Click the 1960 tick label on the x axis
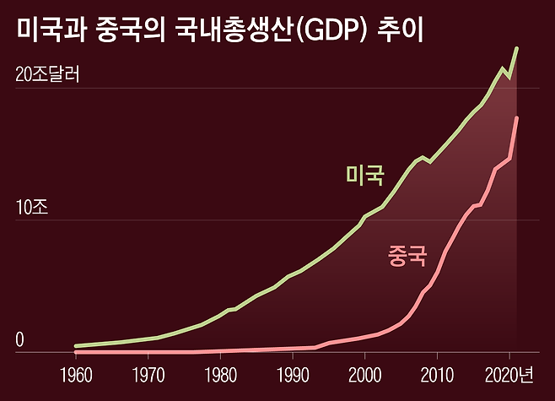pyautogui.click(x=75, y=375)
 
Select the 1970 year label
pyautogui.click(x=148, y=375)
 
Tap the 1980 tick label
pyautogui.click(x=220, y=375)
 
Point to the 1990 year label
pyautogui.click(x=293, y=375)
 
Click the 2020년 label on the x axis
pyautogui.click(x=512, y=375)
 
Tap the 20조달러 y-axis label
pyautogui.click(x=47, y=75)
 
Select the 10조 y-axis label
pyautogui.click(x=33, y=208)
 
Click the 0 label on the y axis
pyautogui.click(x=21, y=339)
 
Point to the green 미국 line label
pyautogui.click(x=365, y=175)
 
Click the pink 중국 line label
pyautogui.click(x=407, y=255)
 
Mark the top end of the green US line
pyautogui.click(x=516, y=49)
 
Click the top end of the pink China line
pyautogui.click(x=516, y=118)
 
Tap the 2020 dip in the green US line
pyautogui.click(x=509, y=78)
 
